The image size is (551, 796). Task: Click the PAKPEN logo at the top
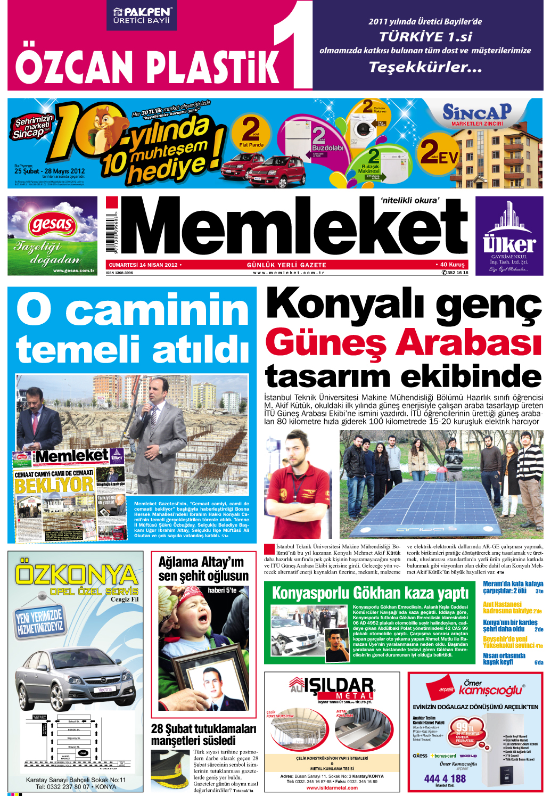tap(142, 15)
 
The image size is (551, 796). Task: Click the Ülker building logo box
tap(509, 236)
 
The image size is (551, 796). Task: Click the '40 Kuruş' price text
tap(452, 265)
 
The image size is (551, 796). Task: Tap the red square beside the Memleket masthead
tap(111, 202)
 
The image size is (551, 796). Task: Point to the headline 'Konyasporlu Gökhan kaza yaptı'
tap(370, 593)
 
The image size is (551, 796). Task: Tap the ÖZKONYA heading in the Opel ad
tap(76, 575)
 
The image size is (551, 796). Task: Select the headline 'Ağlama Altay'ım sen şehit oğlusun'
tap(203, 569)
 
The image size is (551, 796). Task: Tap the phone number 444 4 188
tap(445, 778)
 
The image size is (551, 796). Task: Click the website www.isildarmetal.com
tap(332, 788)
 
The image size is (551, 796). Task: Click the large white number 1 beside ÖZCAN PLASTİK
tap(295, 45)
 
